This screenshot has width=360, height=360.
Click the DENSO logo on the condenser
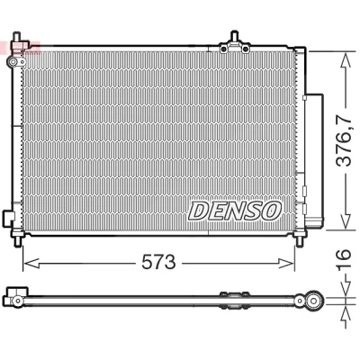[x=235, y=211]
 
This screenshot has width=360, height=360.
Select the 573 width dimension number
[x=158, y=262]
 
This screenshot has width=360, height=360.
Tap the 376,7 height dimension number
[x=344, y=140]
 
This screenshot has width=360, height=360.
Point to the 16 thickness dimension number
[x=344, y=259]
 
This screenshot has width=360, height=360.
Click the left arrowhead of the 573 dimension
[x=31, y=263]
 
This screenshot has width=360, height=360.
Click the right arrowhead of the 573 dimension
[x=286, y=263]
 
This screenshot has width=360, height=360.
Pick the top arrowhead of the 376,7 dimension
[x=346, y=60]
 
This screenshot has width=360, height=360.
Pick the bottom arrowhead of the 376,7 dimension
[x=346, y=220]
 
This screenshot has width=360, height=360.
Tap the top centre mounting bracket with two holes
[x=234, y=46]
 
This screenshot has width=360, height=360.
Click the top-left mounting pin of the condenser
[x=17, y=37]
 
